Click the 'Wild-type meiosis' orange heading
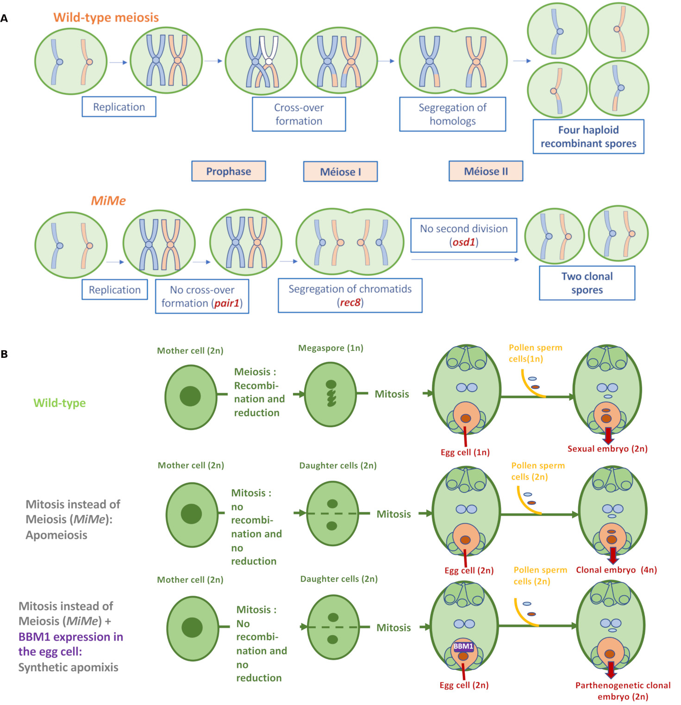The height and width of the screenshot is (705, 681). pos(106,18)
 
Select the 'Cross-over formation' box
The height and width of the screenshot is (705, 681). pos(299,114)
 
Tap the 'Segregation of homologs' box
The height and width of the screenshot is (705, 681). pos(452,114)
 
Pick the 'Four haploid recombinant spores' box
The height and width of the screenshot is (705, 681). pos(588,137)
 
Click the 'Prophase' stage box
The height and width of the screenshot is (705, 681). pos(228,171)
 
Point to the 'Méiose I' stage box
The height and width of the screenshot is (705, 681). pos(340,172)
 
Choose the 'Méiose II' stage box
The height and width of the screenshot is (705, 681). pos(486,171)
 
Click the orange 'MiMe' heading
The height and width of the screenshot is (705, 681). pos(108,200)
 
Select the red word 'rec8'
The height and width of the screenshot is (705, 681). pos(350,303)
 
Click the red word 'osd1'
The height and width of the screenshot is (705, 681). pos(463,242)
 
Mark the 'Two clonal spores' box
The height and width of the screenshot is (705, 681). pos(587,283)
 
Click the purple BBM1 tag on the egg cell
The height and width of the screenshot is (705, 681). pos(463,646)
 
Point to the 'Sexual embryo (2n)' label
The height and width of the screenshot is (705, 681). pos(607,449)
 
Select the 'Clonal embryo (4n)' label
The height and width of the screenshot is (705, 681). pos(616,570)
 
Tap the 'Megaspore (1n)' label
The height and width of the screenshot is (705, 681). pos(331,348)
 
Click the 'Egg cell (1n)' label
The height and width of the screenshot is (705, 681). pos(465,452)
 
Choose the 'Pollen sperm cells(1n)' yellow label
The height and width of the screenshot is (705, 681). pos(535,353)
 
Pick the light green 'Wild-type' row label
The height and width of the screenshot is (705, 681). pos(59,403)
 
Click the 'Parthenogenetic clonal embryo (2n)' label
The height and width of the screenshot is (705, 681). pos(623,691)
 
